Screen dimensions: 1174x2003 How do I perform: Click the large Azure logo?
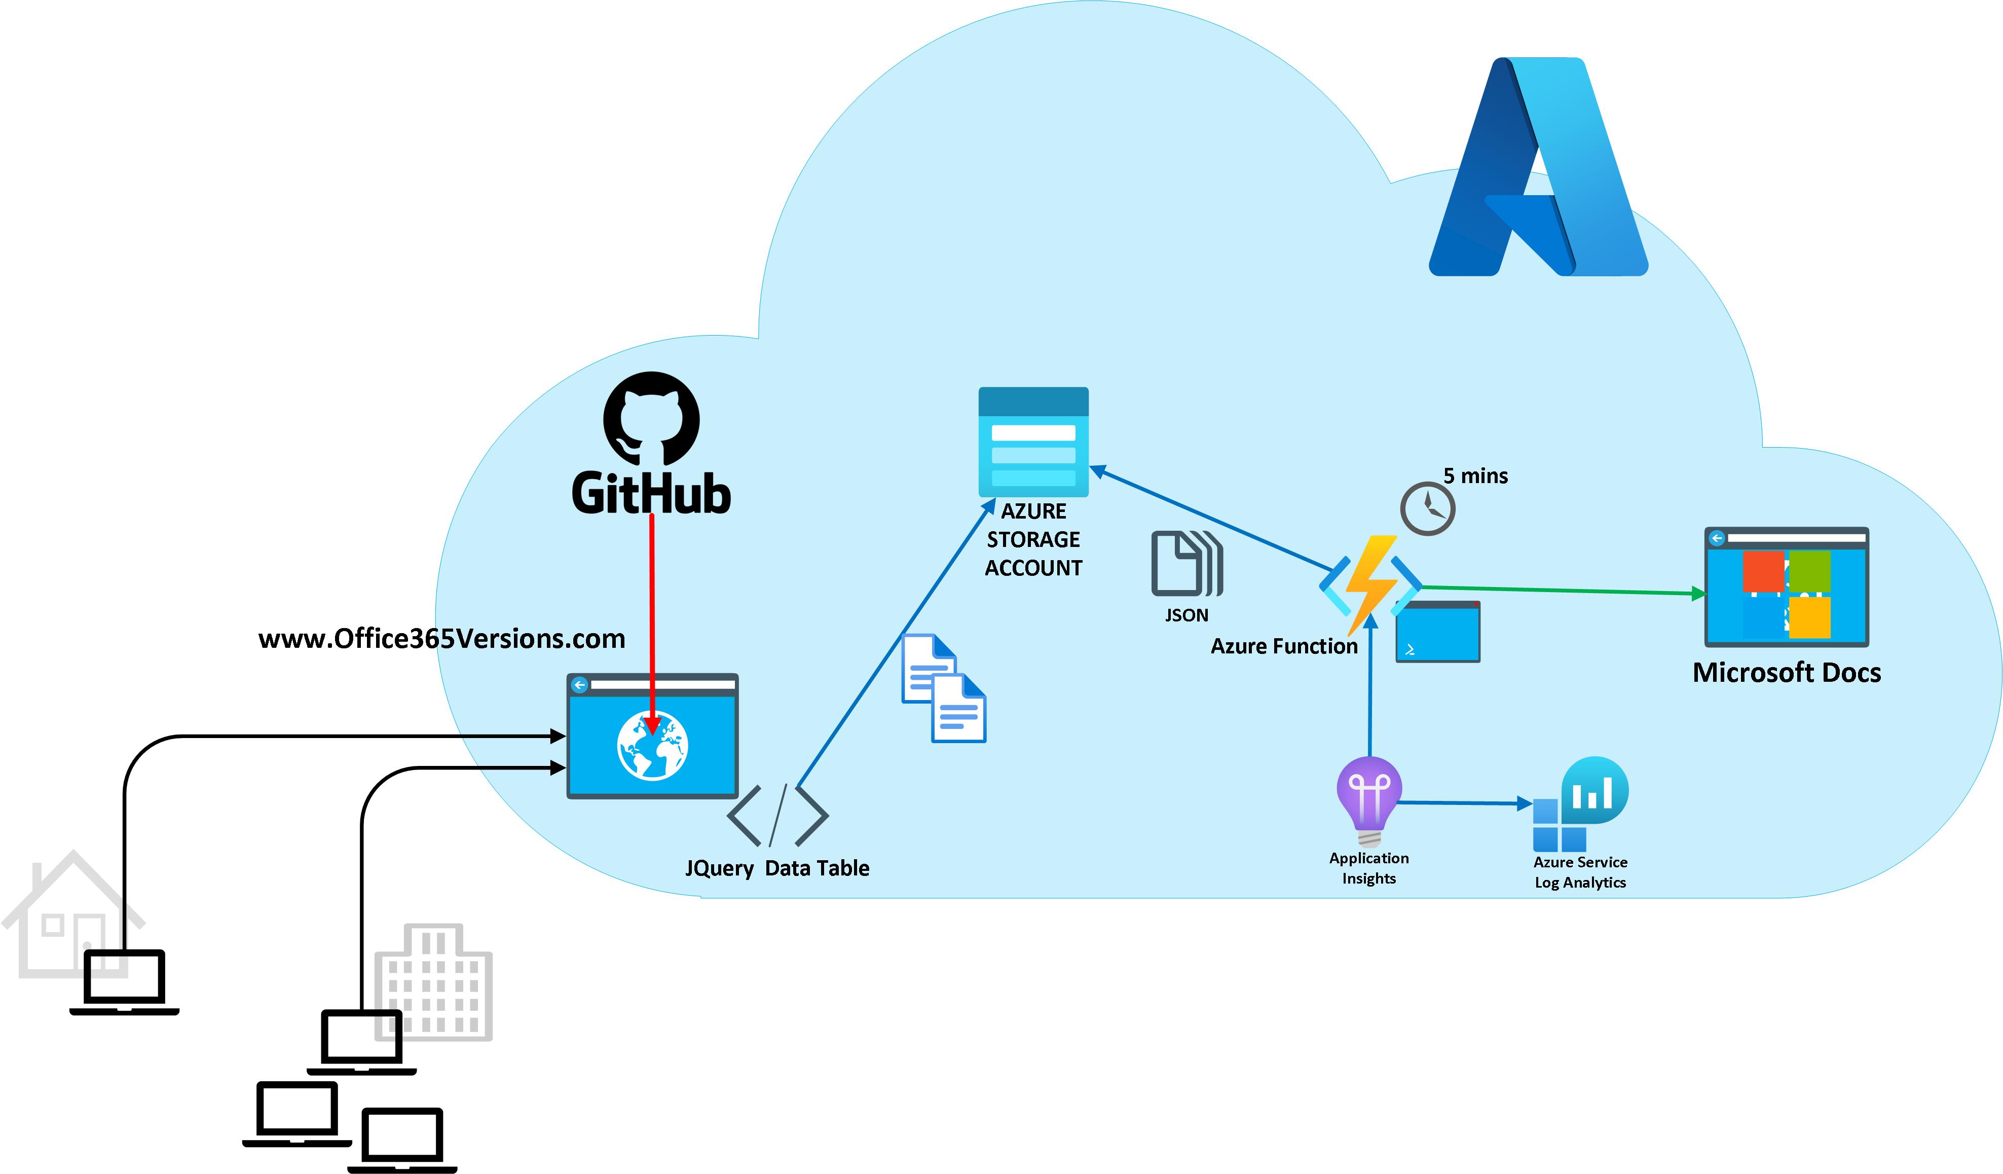[x=1538, y=167]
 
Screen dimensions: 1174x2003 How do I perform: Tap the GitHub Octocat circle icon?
[x=651, y=419]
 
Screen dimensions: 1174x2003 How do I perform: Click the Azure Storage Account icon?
[x=1033, y=442]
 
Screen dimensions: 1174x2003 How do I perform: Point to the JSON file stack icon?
[x=1186, y=564]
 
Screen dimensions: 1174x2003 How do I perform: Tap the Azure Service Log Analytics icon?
[x=1580, y=804]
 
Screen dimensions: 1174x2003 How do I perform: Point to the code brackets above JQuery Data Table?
[x=777, y=815]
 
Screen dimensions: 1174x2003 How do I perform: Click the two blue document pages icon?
[x=944, y=688]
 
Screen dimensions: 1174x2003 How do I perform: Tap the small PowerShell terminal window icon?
[x=1438, y=632]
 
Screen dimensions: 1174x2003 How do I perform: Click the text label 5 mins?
[x=1475, y=476]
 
